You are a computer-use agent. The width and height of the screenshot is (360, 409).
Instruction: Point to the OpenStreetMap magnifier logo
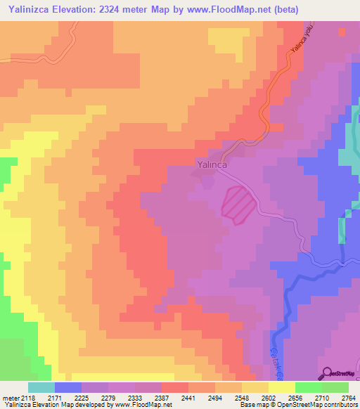coord(326,372)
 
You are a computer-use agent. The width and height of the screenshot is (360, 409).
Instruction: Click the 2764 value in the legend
coord(349,398)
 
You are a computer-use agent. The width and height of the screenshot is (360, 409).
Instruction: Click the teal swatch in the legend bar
coord(41,387)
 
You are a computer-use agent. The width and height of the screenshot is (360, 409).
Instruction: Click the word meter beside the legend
coord(12,398)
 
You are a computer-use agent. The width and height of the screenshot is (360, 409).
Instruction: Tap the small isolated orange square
coord(342,31)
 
